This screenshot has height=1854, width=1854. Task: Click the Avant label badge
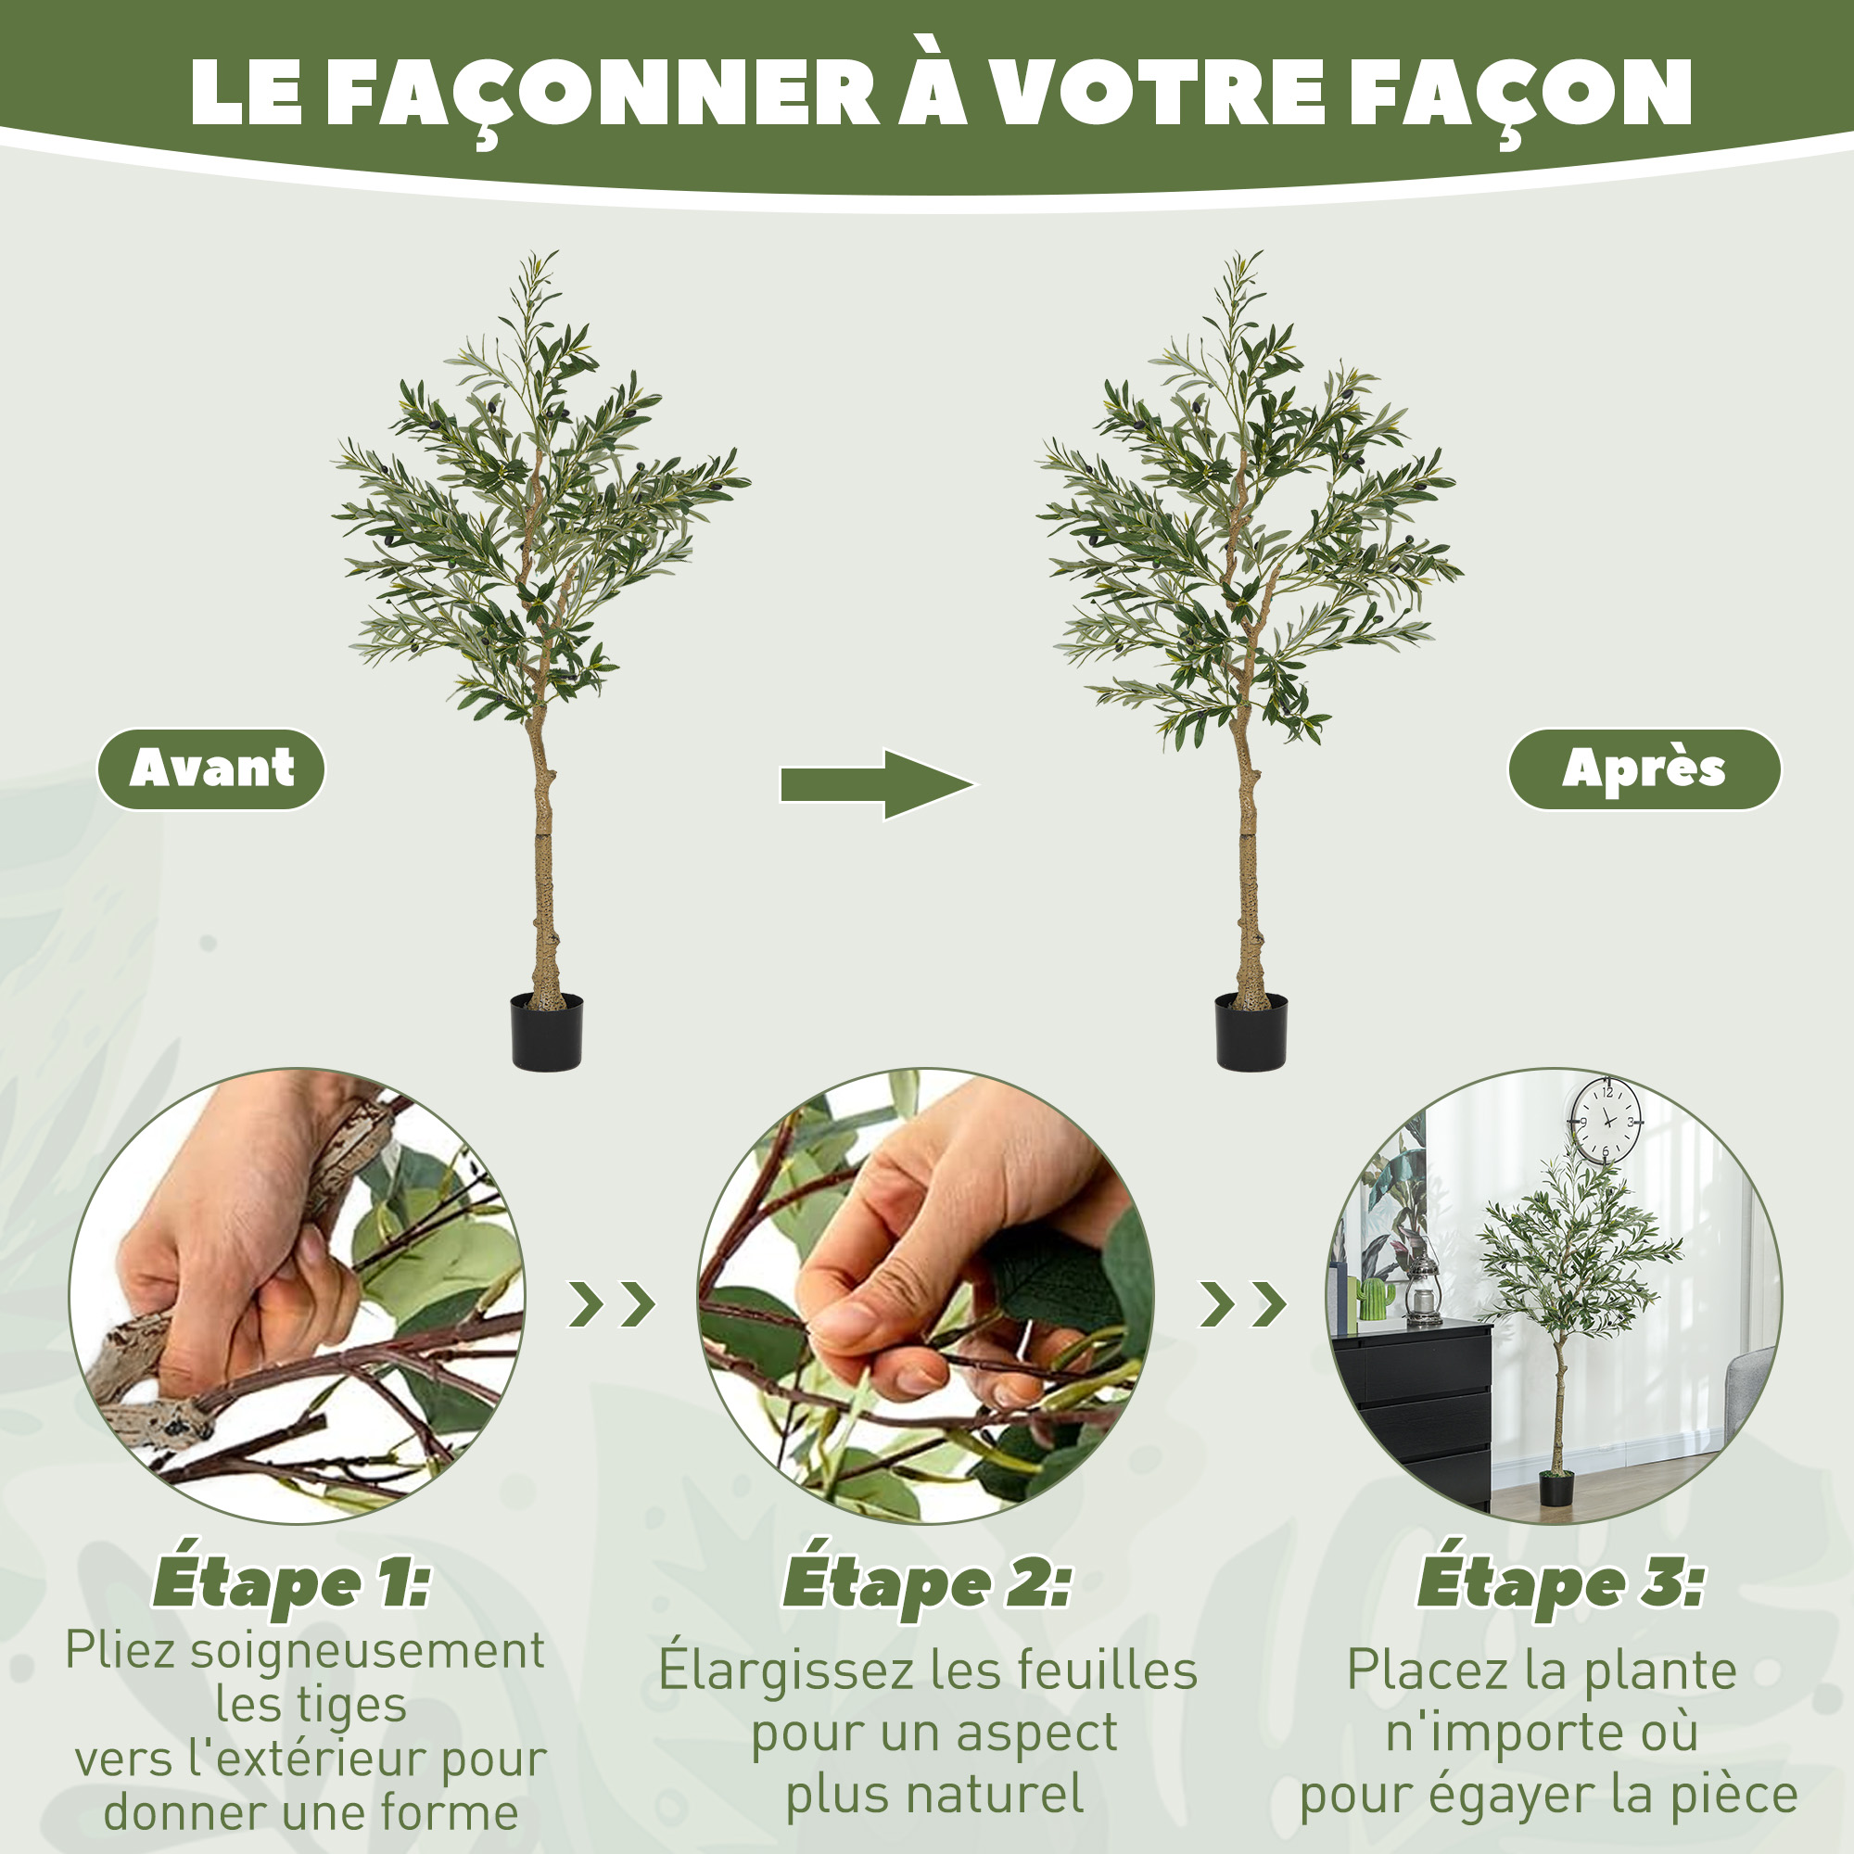(211, 768)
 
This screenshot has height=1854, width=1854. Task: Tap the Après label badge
(1644, 768)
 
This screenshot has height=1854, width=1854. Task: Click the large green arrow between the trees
(878, 784)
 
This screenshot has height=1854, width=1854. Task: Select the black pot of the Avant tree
(547, 1033)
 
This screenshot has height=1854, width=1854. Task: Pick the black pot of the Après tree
(1251, 1033)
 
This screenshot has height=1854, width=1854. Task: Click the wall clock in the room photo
(1606, 1120)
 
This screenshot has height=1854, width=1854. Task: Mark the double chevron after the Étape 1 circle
(612, 1304)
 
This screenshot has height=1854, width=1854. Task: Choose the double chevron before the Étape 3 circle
(1244, 1304)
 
